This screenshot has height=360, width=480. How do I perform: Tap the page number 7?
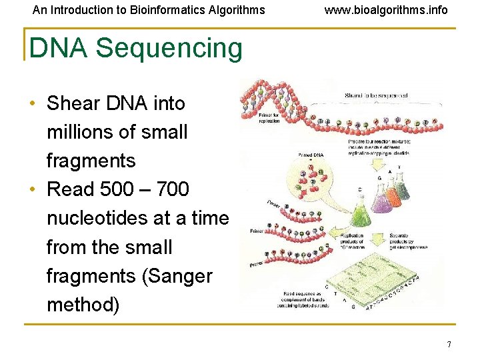(x=449, y=345)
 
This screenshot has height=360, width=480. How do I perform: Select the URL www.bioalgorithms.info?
(x=386, y=10)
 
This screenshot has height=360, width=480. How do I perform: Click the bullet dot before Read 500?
(x=33, y=190)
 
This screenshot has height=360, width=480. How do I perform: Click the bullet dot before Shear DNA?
(x=33, y=104)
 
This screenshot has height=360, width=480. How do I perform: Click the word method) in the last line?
(x=83, y=305)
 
